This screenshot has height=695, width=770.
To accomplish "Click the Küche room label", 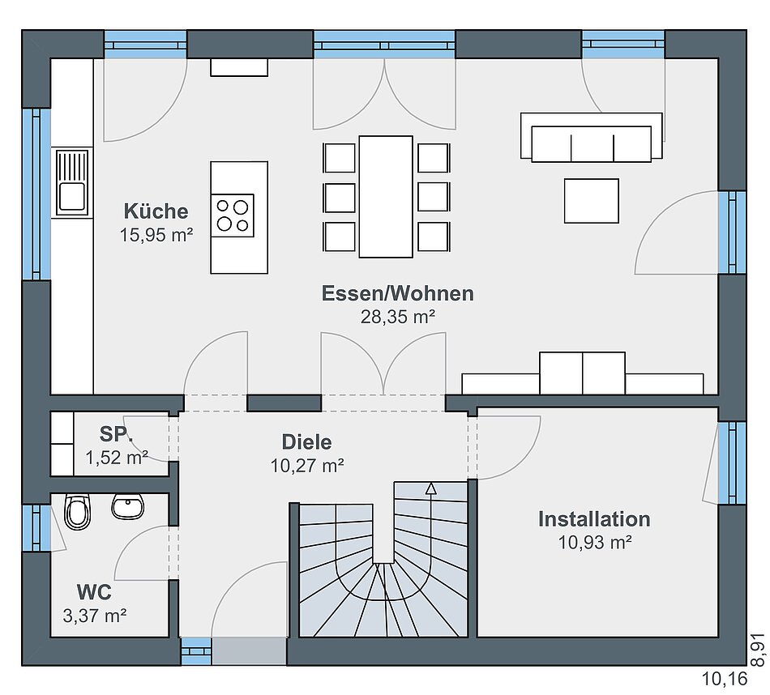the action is (156, 211).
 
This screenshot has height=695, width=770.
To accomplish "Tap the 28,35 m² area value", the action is (398, 317).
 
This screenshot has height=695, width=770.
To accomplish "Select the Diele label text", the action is (306, 441).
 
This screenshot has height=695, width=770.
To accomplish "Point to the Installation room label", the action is (594, 518).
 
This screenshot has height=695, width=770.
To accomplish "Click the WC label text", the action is (94, 592).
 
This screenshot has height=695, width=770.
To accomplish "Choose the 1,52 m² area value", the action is (117, 458).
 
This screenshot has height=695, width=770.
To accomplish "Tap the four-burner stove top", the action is (233, 215).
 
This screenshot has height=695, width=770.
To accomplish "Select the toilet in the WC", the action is (78, 511).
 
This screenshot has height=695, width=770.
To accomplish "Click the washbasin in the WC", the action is (128, 506).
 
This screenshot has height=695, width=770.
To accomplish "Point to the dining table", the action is (386, 196).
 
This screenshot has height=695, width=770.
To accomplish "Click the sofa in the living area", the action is (591, 137).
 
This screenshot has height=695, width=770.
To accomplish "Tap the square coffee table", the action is (591, 201).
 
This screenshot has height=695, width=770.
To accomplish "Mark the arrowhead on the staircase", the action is (430, 488).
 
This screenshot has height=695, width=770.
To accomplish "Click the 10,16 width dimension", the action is (725, 679).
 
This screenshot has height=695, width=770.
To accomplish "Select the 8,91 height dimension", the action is (758, 650).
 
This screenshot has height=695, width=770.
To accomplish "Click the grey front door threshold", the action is (249, 651).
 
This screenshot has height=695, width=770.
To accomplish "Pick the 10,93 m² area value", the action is (595, 543).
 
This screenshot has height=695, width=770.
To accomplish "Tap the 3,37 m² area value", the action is (95, 616).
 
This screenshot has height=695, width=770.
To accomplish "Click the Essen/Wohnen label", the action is (398, 293).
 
